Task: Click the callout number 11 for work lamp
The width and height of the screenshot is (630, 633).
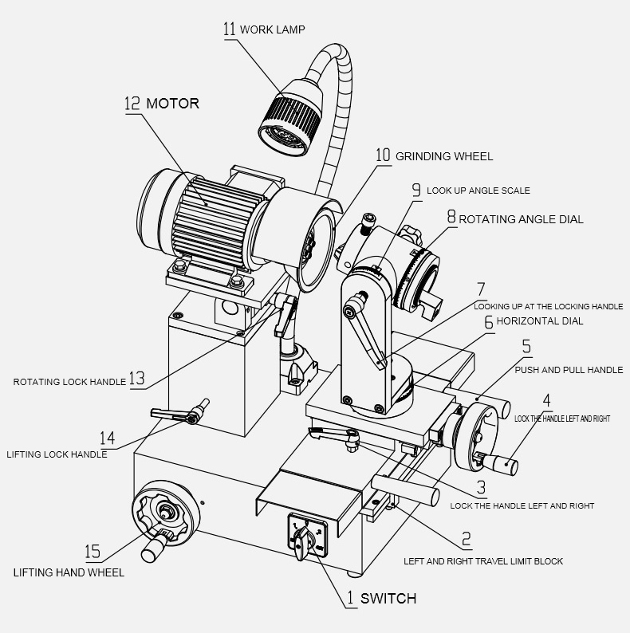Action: coord(229,29)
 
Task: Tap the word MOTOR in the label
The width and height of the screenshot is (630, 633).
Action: coord(172,104)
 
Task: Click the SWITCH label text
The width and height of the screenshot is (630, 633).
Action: coord(388,598)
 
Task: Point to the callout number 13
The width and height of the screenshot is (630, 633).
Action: coord(137,379)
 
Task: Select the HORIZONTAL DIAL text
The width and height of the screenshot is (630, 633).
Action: coord(540,321)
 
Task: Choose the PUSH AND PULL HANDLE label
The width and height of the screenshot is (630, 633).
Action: coord(569,370)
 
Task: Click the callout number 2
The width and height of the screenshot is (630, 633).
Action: coord(467,540)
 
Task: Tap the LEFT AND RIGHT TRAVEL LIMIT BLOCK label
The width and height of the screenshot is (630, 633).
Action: coord(483,561)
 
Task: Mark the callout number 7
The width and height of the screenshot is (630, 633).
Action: coord(480,289)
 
